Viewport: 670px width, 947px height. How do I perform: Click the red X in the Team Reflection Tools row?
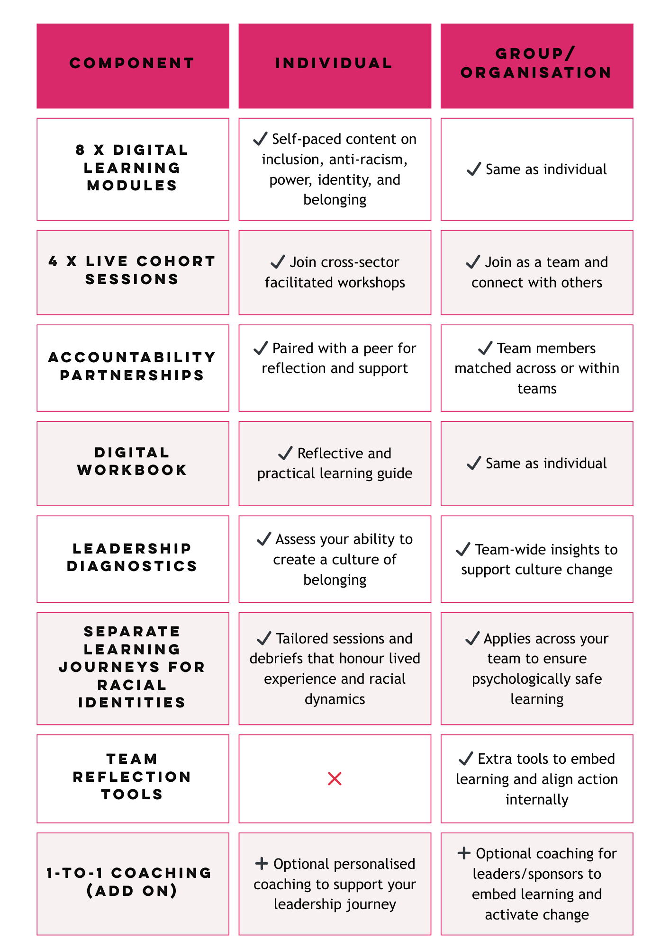[x=335, y=778]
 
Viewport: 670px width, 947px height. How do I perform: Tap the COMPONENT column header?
[x=132, y=63]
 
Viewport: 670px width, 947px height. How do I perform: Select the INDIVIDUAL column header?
[x=334, y=63]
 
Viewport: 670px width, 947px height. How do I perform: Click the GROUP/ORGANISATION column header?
[x=536, y=63]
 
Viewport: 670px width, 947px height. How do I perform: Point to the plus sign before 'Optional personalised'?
[x=262, y=863]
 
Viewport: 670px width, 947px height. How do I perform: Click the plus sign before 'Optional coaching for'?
[x=464, y=853]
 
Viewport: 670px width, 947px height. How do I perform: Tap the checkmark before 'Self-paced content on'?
[x=260, y=138]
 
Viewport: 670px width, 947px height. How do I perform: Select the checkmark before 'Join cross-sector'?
[x=278, y=262]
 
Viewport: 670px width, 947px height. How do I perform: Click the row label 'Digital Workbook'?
[x=132, y=461]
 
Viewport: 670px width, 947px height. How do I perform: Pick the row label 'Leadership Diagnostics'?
[x=132, y=557]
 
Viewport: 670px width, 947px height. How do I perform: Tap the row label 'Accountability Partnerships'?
[x=132, y=366]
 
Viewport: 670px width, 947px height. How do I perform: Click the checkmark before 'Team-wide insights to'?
[x=463, y=549]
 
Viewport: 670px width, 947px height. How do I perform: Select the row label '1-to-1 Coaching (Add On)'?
[x=129, y=882]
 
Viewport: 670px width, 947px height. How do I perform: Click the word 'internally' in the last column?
[x=537, y=799]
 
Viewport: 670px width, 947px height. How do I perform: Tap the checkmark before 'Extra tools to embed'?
[x=466, y=759]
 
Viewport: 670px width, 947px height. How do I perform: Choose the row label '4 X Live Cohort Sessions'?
[x=132, y=270]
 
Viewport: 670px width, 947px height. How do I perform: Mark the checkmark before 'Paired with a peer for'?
[x=261, y=348]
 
